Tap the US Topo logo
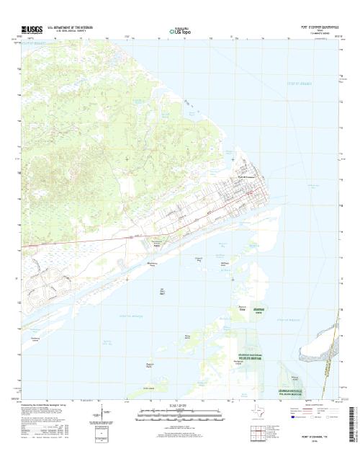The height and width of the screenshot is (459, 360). pyautogui.click(x=180, y=31)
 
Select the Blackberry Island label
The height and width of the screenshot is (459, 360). pyautogui.click(x=152, y=265)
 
